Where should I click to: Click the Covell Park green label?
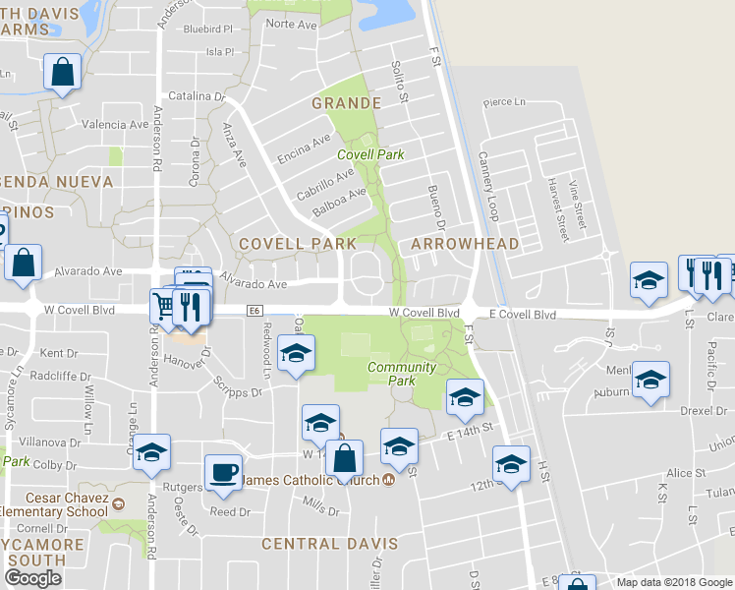click(370, 154)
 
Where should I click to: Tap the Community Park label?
click(401, 374)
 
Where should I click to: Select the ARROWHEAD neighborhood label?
click(451, 243)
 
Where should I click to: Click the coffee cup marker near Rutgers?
click(223, 471)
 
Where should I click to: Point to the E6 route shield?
click(254, 311)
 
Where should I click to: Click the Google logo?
click(32, 578)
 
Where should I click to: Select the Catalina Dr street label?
click(197, 96)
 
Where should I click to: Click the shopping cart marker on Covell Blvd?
click(164, 307)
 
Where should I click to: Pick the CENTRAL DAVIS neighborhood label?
click(330, 544)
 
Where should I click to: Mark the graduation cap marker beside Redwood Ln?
click(295, 355)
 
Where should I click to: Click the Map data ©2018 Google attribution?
click(674, 582)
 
